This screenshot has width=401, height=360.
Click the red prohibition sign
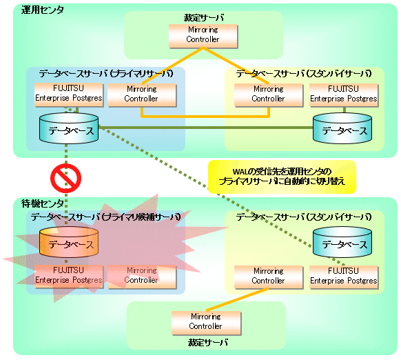[65, 178]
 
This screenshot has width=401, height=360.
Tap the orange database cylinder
[69, 242]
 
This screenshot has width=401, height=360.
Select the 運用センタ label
[43, 10]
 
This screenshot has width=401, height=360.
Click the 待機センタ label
[43, 203]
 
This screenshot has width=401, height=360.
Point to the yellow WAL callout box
[282, 177]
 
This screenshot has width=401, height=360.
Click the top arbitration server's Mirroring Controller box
[203, 36]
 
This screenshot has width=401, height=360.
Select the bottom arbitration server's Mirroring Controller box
[206, 323]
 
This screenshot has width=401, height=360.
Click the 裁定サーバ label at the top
[203, 18]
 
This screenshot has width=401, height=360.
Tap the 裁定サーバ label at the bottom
[207, 342]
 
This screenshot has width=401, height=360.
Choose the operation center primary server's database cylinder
[69, 128]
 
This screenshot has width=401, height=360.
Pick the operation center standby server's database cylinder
[342, 128]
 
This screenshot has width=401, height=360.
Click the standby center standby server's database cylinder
[342, 242]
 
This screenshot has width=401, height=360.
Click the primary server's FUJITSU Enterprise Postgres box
[69, 94]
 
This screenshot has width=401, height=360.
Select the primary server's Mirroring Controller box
[142, 95]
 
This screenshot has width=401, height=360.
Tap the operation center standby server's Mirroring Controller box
[269, 95]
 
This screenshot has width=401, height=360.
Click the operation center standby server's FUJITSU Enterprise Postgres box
[344, 95]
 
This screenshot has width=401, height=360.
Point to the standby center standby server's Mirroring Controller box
[269, 277]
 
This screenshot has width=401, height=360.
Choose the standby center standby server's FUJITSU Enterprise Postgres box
[344, 277]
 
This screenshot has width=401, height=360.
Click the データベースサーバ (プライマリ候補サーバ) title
[106, 217]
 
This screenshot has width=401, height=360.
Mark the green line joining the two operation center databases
[206, 128]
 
